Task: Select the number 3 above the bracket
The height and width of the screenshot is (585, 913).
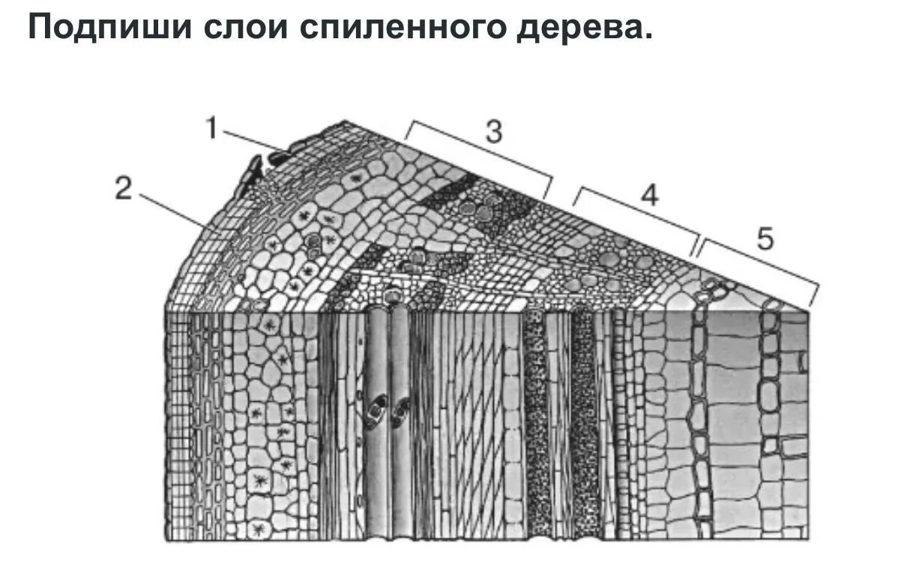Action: (492, 131)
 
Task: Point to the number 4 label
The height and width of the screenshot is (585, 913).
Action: (649, 195)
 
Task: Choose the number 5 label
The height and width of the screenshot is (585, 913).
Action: (764, 238)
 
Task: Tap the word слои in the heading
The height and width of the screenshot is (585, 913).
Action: (245, 28)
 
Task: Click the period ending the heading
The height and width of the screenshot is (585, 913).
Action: (648, 36)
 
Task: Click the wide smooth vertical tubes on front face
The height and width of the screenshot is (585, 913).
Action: (390, 420)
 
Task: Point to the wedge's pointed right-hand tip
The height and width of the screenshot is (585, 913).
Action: (808, 308)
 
